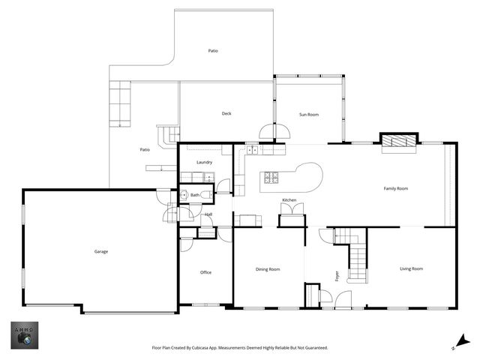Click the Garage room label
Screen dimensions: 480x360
[x=101, y=252]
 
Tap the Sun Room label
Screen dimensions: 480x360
[x=309, y=115]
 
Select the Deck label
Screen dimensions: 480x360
[x=226, y=113]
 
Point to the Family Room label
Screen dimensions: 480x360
[x=396, y=188]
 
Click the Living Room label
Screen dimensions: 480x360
[x=412, y=268]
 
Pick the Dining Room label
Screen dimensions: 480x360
[x=268, y=269]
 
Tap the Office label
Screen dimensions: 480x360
[x=205, y=272]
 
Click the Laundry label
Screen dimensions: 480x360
[x=205, y=162]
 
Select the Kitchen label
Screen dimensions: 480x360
[x=289, y=200]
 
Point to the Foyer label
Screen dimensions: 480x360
[x=337, y=276]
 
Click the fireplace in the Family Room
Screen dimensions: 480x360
[x=399, y=141]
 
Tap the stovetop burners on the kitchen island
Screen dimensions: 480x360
[x=271, y=178]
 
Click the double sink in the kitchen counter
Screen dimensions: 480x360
[x=253, y=150]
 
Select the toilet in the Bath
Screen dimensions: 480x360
[x=207, y=194]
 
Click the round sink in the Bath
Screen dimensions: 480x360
[x=184, y=194]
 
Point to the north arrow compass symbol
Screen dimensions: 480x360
[x=462, y=342]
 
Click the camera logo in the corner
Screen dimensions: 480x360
[x=25, y=335]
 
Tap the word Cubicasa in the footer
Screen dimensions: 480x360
[x=201, y=348]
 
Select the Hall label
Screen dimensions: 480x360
[x=208, y=214]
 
